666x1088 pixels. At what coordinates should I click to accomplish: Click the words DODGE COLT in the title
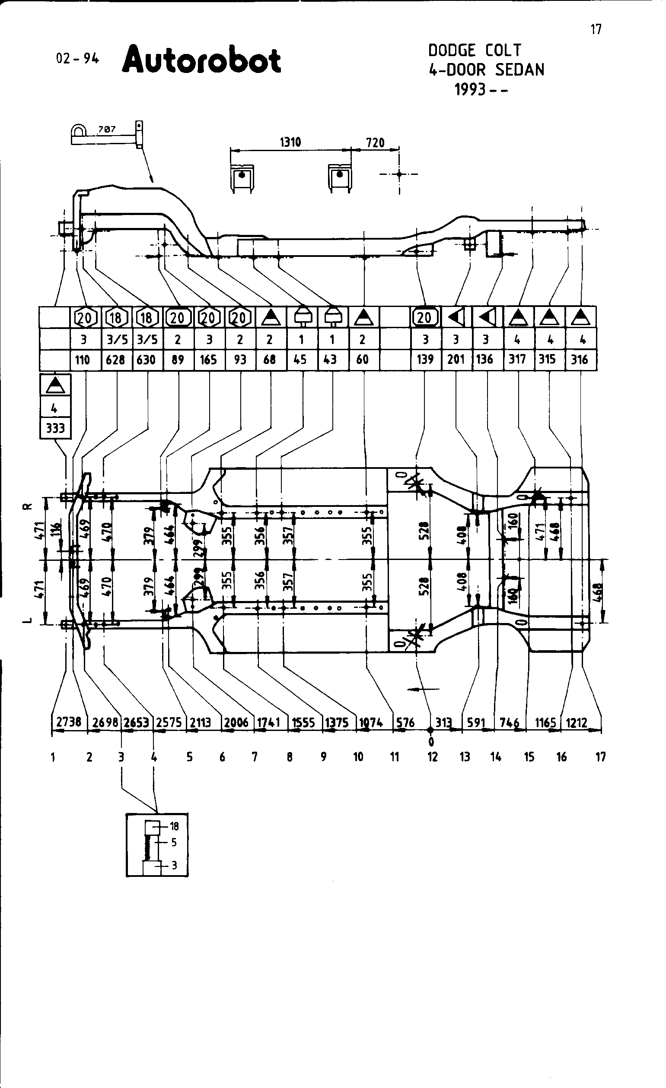coord(475,51)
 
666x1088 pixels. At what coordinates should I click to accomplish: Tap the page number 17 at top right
coord(596,30)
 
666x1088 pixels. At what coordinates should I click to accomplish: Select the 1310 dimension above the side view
coord(290,142)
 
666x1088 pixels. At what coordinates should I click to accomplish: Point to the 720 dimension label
coord(375,142)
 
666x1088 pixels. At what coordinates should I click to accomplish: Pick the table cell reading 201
coord(456,359)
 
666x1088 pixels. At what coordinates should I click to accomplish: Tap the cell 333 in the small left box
coord(55,428)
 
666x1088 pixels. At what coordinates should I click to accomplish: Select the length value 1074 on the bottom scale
coord(370,723)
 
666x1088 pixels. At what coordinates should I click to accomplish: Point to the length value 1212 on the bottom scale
coord(577,723)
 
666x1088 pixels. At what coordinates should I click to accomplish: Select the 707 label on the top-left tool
coord(106,130)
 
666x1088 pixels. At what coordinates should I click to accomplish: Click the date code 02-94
coord(77,58)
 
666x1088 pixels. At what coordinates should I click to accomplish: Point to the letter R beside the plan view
coord(27,506)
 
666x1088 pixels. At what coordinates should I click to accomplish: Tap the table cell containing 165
coord(208,359)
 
